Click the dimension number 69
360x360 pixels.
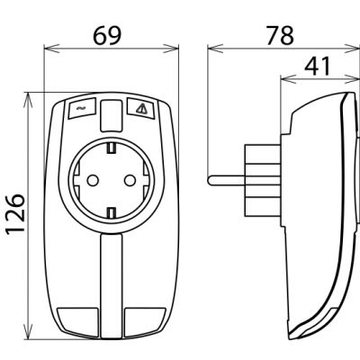point(107,36)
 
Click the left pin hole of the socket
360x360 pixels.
point(93,180)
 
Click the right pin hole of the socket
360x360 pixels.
point(130,180)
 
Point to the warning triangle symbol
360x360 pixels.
point(141,108)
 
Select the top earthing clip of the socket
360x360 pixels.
point(112,148)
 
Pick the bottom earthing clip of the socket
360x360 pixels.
point(112,212)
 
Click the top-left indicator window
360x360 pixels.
point(83,108)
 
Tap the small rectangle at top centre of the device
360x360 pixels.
point(112,116)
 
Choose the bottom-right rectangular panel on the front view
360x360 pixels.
point(145,322)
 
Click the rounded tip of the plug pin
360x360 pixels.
point(210,180)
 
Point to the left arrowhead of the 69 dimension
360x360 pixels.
point(50,49)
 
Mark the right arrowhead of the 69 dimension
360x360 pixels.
point(172,49)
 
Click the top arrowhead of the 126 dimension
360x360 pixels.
point(28,100)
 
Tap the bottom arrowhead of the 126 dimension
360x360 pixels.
point(28,332)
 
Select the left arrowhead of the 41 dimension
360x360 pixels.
point(287,79)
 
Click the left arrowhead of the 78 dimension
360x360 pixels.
point(214,49)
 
